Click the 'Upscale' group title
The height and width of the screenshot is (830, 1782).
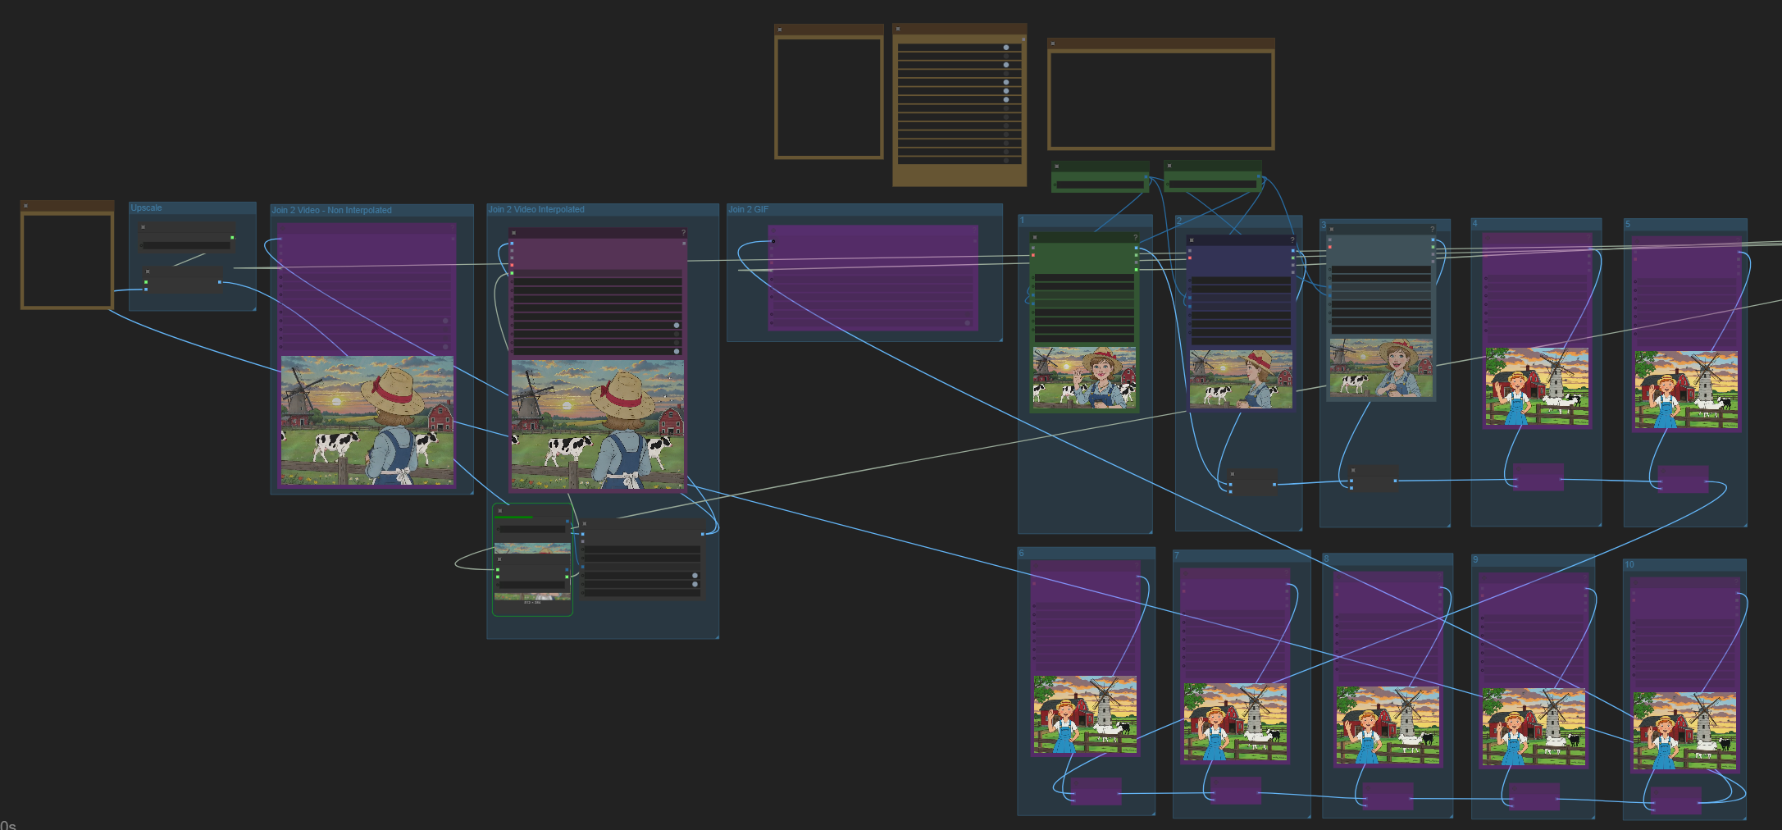(147, 208)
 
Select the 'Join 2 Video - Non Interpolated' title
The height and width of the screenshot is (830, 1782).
(331, 211)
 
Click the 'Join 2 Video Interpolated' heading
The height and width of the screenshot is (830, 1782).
(536, 210)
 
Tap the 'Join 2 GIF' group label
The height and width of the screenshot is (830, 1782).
(748, 210)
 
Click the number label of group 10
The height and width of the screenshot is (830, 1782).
(1629, 565)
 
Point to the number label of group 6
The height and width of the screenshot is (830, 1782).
(1022, 554)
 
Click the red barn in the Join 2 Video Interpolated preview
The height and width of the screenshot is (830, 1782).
(671, 421)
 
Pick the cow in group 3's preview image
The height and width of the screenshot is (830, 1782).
(1354, 382)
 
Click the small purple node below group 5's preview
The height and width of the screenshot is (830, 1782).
(1683, 479)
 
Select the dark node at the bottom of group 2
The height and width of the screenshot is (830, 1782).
(1252, 481)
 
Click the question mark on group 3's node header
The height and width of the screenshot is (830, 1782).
(1433, 230)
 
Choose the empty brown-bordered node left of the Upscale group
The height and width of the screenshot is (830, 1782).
(67, 260)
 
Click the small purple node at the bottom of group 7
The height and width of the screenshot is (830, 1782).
(1235, 791)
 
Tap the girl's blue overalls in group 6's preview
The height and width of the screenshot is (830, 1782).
(1064, 737)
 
